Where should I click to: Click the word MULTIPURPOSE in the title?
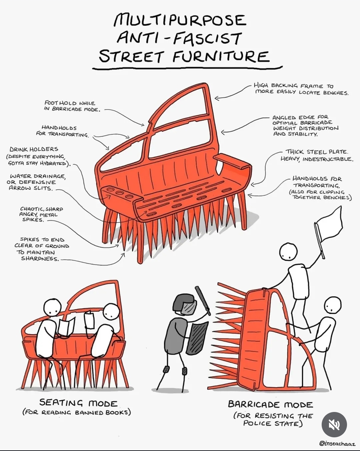coord(180,20)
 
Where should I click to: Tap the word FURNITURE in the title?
coord(221,56)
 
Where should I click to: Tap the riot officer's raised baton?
coord(203,300)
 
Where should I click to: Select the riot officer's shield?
coord(197,337)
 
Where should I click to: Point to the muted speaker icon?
coord(334,425)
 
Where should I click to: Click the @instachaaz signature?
coord(337,444)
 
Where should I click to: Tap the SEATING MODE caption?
coord(79,403)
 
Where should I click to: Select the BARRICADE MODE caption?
coord(270,404)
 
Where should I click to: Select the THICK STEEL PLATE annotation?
coord(317,155)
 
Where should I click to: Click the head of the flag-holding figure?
coord(288,252)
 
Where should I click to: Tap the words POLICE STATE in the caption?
coord(273,423)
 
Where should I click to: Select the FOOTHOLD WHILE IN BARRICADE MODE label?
coord(72,106)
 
